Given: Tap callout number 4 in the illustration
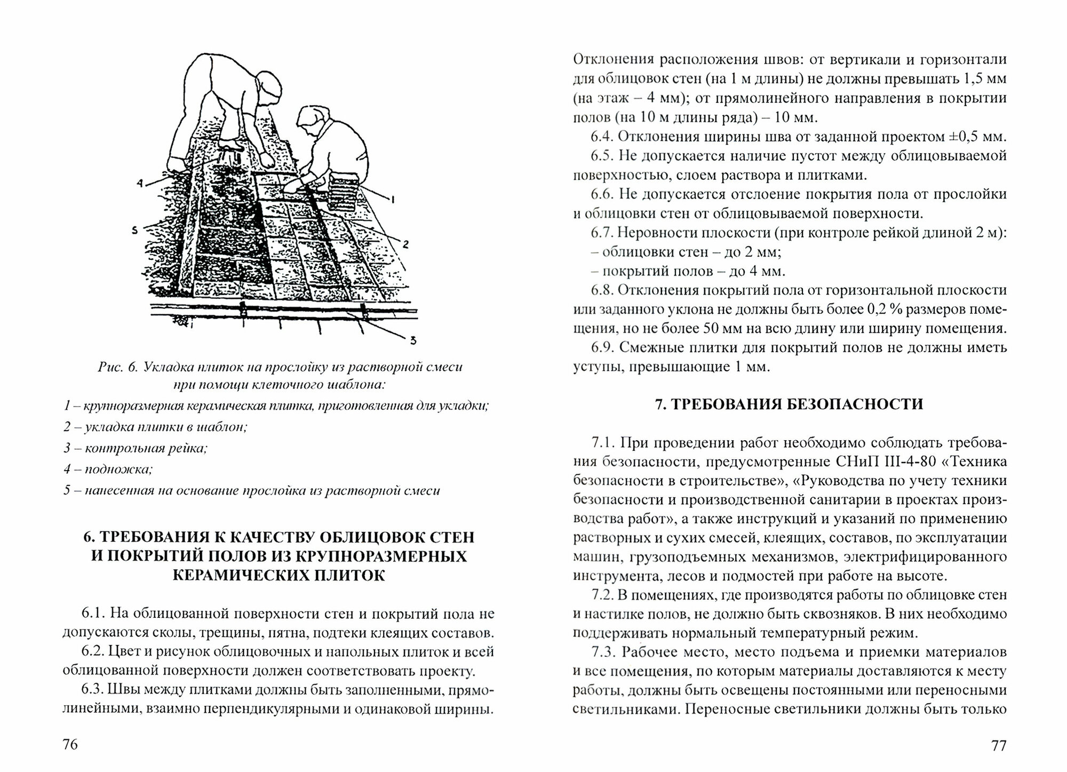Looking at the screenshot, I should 140,183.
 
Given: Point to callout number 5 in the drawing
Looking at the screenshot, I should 134,230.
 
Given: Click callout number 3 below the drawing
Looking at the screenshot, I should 413,340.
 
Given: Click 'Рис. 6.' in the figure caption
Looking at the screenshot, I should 118,367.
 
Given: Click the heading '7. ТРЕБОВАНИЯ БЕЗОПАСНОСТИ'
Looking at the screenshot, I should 789,404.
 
